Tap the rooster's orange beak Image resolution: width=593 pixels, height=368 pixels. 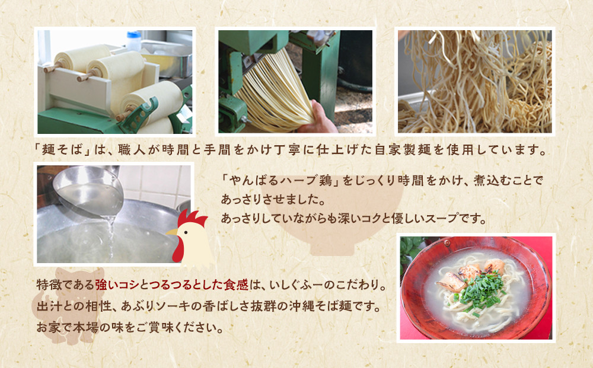[x=173, y=232]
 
